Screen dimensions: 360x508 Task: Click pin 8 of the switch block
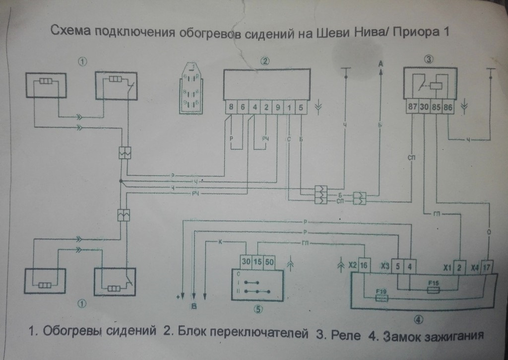pyautogui.click(x=231, y=107)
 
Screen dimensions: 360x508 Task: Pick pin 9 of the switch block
pyautogui.click(x=278, y=107)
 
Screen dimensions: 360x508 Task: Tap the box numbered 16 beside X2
pyautogui.click(x=364, y=266)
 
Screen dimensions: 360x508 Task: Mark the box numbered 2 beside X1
pyautogui.click(x=460, y=266)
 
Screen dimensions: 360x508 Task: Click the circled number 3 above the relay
pyautogui.click(x=429, y=60)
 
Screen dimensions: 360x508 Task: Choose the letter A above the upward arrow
pyautogui.click(x=381, y=63)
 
